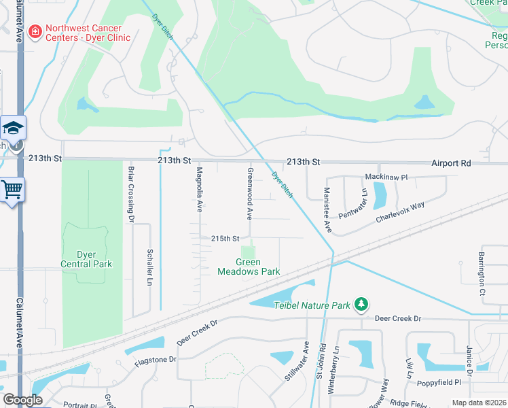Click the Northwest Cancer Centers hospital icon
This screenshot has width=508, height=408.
click(x=34, y=32)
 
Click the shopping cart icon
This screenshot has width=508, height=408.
click(x=12, y=189)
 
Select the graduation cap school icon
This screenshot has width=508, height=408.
click(x=12, y=127)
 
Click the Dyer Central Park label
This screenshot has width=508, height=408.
click(x=86, y=259)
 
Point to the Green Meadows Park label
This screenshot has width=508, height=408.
click(x=249, y=267)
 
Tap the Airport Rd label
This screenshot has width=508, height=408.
click(x=451, y=163)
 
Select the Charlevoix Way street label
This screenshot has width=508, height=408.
click(x=400, y=211)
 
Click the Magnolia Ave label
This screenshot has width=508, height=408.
click(x=200, y=190)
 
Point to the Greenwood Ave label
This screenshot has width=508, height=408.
click(x=250, y=194)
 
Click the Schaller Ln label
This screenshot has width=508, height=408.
click(x=150, y=267)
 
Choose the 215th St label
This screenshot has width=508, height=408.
click(x=225, y=239)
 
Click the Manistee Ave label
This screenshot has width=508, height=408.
click(x=327, y=211)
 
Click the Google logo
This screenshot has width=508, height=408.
click(x=22, y=400)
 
